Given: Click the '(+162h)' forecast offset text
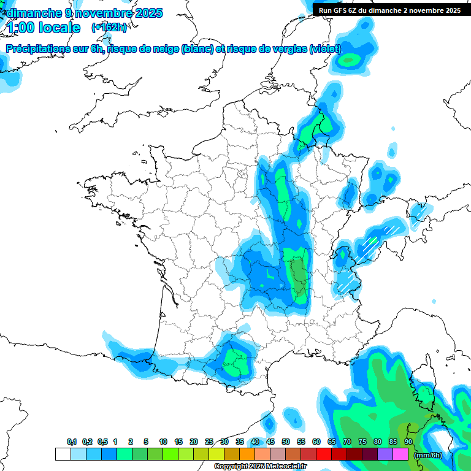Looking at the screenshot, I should pyautogui.click(x=109, y=28).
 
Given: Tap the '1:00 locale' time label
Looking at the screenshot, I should pyautogui.click(x=44, y=28).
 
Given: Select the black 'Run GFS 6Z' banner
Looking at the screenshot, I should pyautogui.click(x=390, y=10).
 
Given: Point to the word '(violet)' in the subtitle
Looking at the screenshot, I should pyautogui.click(x=325, y=49).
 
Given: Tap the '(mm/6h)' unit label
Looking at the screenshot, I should pyautogui.click(x=427, y=455).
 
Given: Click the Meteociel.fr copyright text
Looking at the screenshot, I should pyautogui.click(x=260, y=467).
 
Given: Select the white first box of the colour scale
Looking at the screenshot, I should pyautogui.click(x=63, y=454).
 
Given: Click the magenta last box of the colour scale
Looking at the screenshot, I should pyautogui.click(x=400, y=454).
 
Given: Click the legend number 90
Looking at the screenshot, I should pyautogui.click(x=408, y=442).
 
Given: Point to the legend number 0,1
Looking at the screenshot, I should pyautogui.click(x=72, y=442).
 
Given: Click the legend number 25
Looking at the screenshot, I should pyautogui.click(x=209, y=442).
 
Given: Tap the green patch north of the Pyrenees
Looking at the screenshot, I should pyautogui.click(x=235, y=360).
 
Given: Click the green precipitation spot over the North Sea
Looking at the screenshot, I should pyautogui.click(x=350, y=60).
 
